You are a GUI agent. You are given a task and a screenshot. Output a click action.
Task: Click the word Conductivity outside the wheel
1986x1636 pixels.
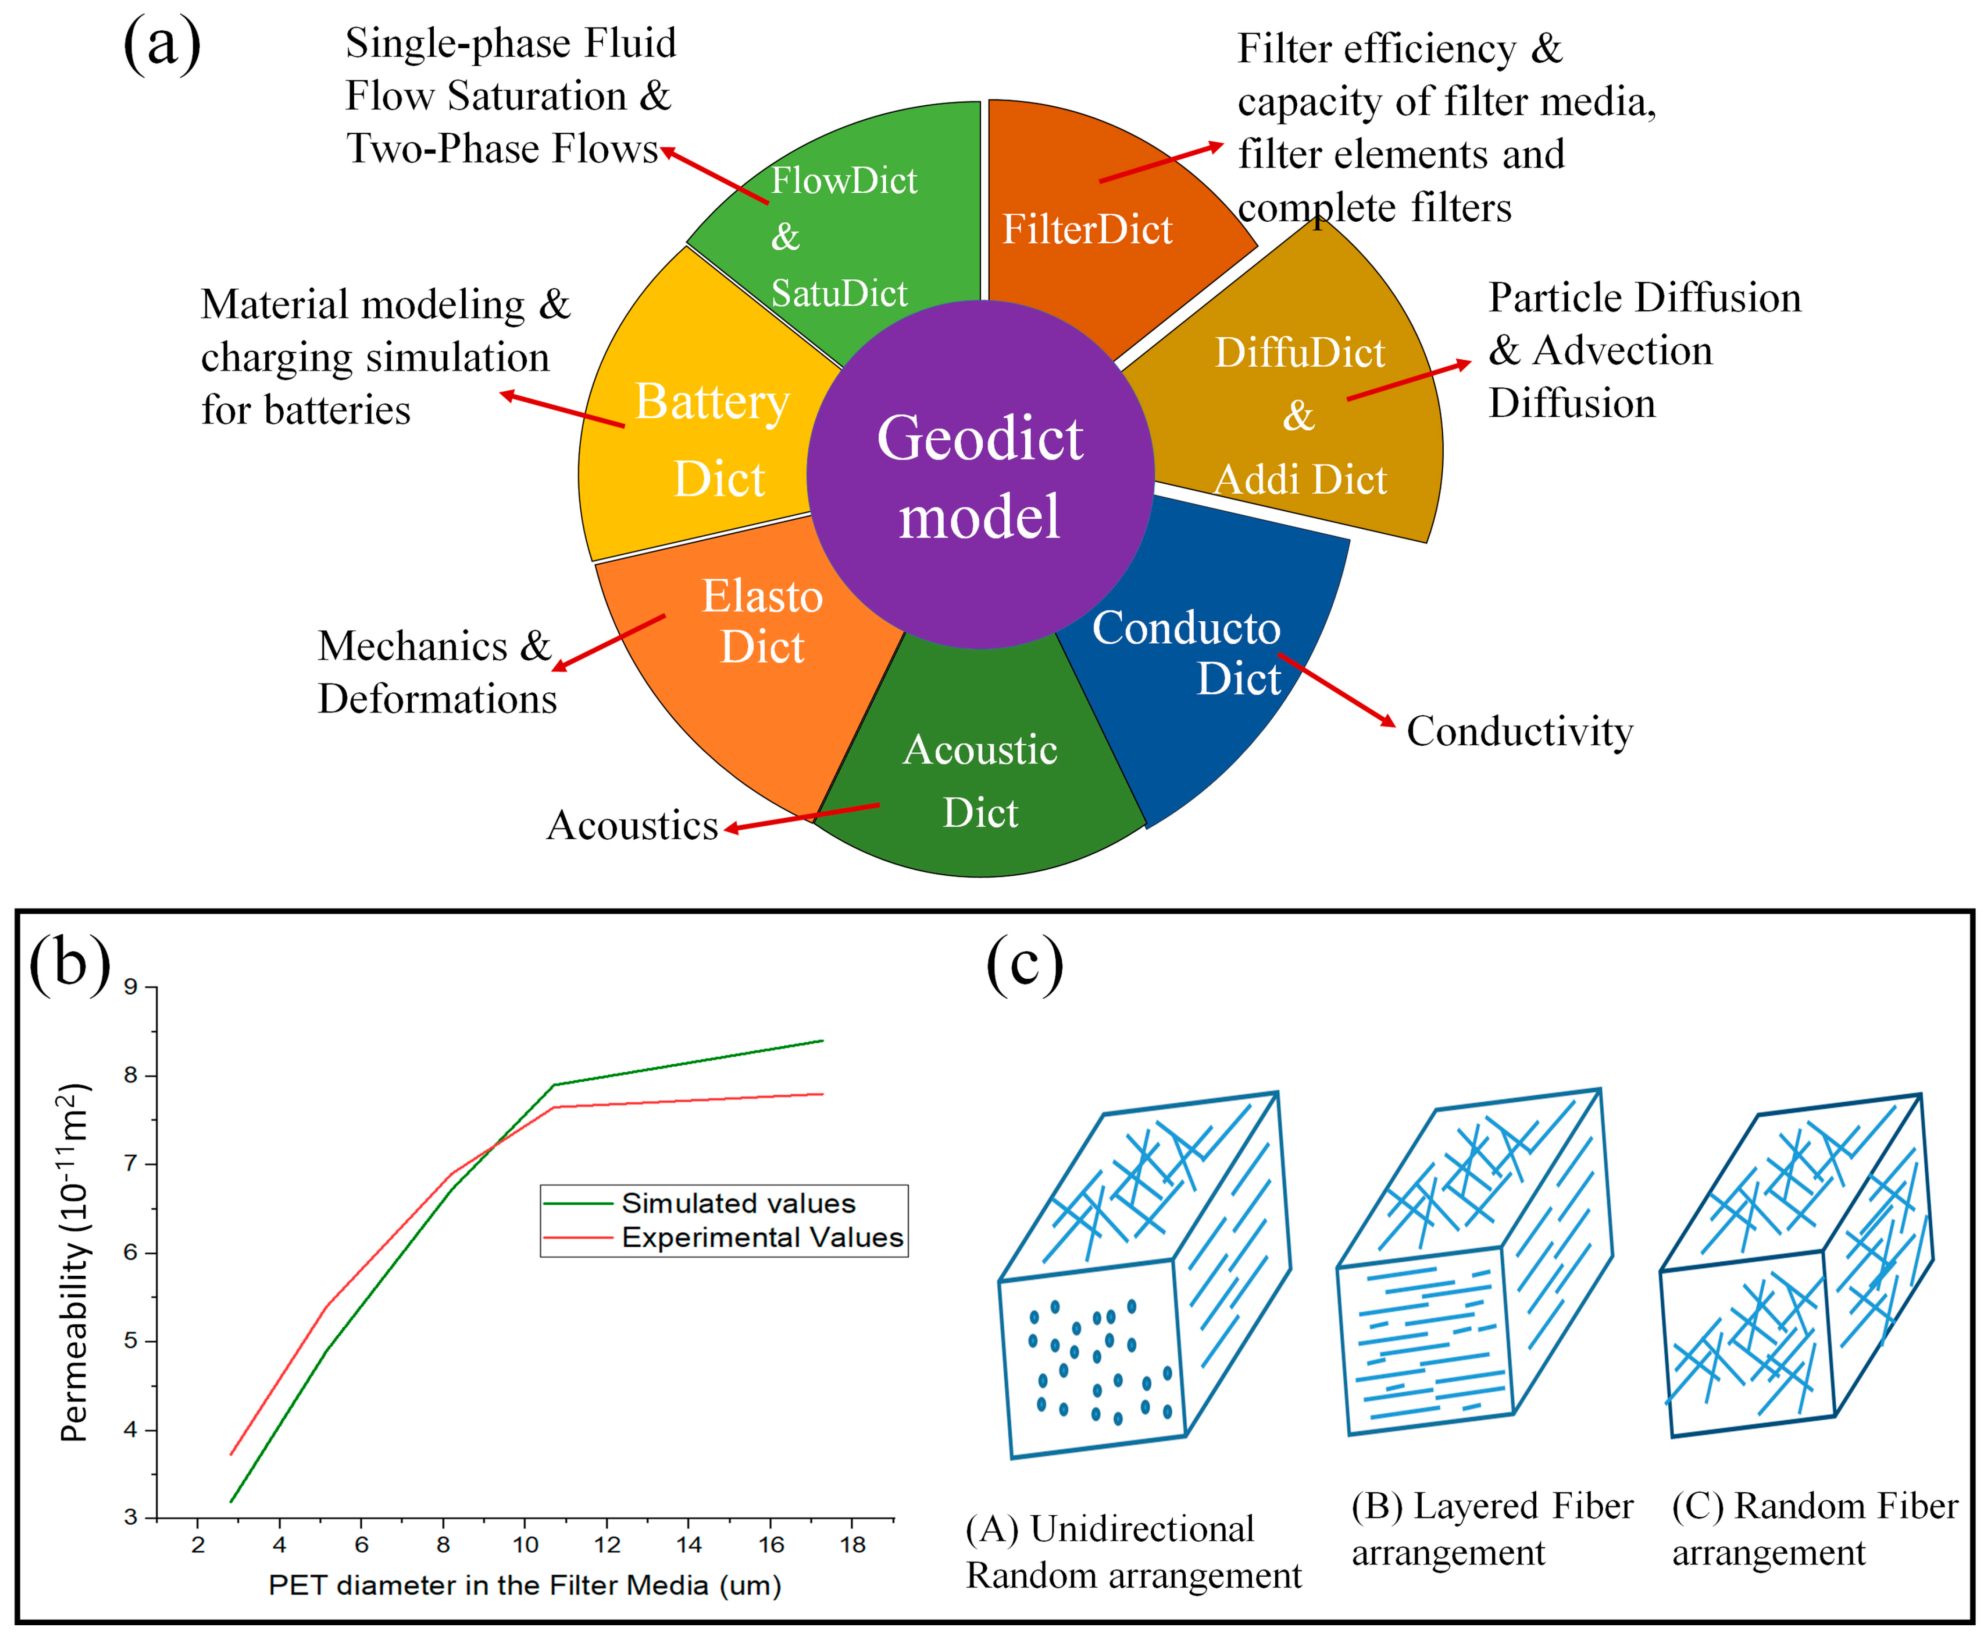click(x=1519, y=731)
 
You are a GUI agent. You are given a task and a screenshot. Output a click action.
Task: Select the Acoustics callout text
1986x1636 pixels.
click(x=632, y=826)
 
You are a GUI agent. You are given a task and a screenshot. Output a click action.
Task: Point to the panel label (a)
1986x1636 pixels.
click(x=162, y=44)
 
